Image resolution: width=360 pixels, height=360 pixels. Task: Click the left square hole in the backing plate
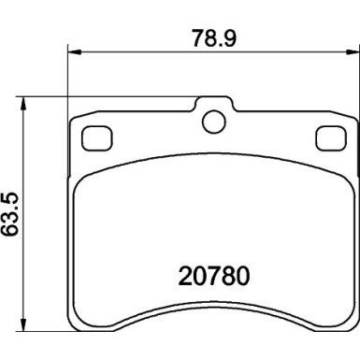tap(95, 137)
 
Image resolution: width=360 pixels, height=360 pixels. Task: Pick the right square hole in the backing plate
tap(329, 137)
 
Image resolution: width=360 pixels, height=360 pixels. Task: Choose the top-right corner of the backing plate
tap(354, 120)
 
